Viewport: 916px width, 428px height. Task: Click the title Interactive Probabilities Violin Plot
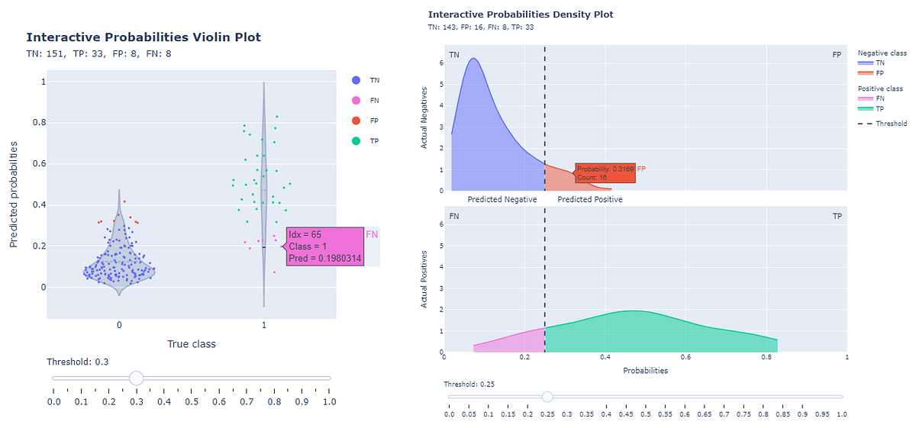click(x=144, y=37)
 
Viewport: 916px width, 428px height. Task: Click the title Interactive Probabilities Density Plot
click(x=521, y=14)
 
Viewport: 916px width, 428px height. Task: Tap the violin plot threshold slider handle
click(x=137, y=378)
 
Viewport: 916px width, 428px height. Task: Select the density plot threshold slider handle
click(x=547, y=397)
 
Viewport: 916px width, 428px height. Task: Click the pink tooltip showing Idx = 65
click(x=324, y=247)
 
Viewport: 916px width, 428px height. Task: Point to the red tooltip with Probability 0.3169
click(x=604, y=173)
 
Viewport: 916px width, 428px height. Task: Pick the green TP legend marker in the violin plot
click(x=356, y=141)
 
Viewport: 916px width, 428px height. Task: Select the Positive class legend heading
click(x=879, y=89)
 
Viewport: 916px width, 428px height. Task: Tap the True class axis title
click(x=192, y=344)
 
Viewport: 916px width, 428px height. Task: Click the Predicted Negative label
click(x=502, y=199)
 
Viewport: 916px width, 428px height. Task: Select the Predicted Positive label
click(x=589, y=199)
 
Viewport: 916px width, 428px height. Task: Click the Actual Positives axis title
click(x=424, y=280)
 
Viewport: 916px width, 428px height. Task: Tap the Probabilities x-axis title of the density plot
click(x=645, y=371)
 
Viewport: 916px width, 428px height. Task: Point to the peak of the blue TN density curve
click(x=473, y=59)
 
